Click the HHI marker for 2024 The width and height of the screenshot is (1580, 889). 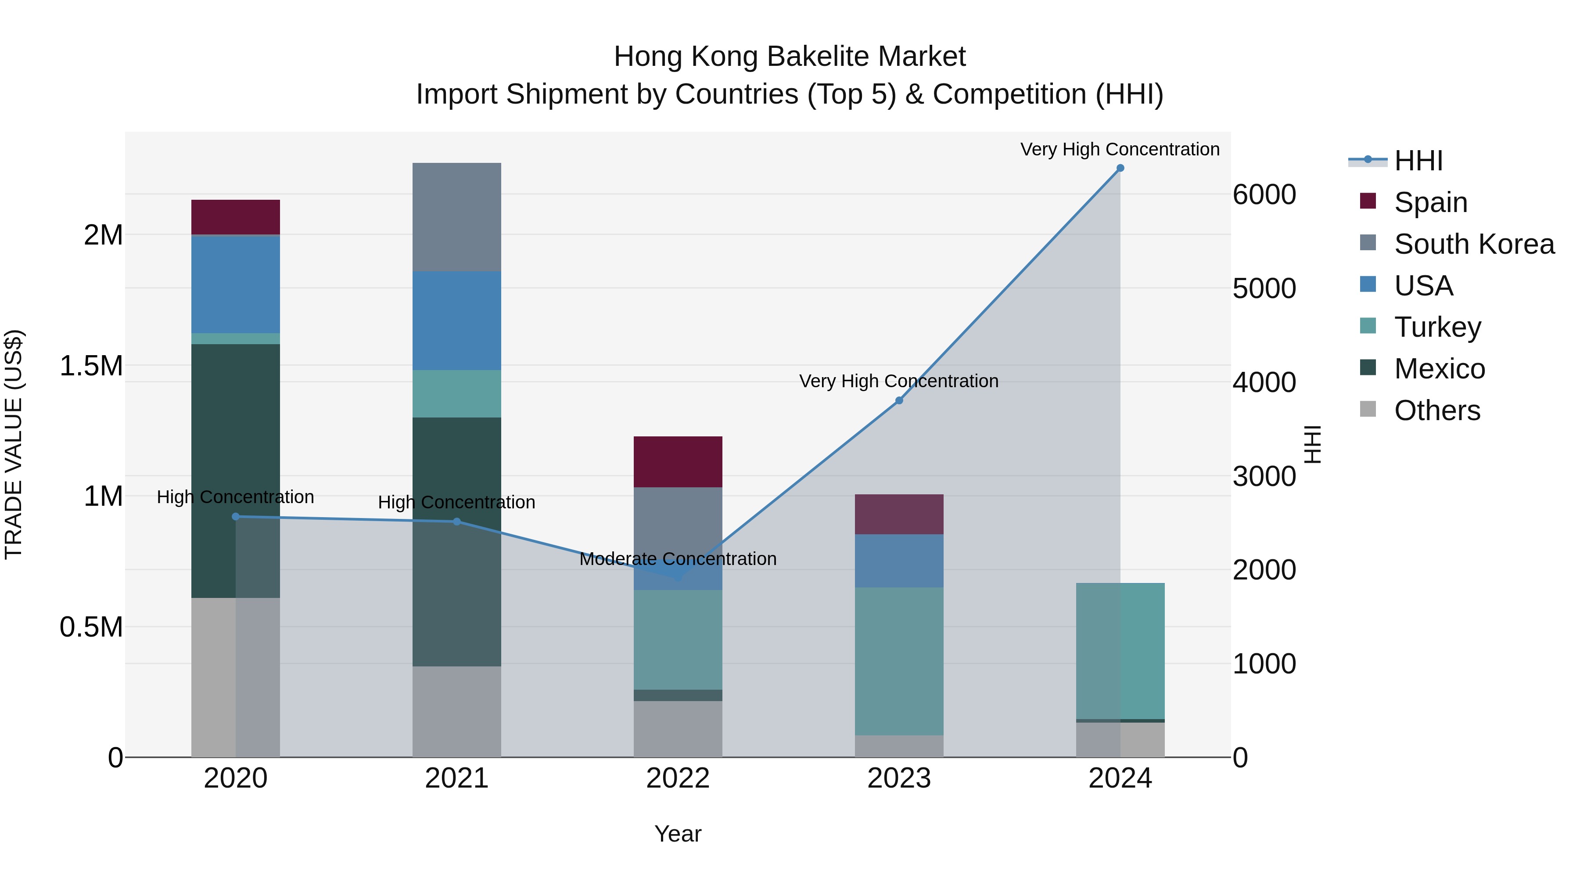1120,168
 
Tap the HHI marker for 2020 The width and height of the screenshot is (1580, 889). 236,517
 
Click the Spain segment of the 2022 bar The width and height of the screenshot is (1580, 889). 678,462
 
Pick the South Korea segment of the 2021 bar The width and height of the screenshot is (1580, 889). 456,217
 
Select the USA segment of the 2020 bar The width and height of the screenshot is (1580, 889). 236,284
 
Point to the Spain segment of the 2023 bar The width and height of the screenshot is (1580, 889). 899,514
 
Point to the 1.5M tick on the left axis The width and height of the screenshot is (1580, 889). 91,366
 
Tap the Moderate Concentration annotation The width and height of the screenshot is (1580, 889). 678,559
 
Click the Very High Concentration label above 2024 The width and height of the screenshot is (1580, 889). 1120,149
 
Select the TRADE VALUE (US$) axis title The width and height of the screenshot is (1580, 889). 14,444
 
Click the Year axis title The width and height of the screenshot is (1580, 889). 678,834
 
